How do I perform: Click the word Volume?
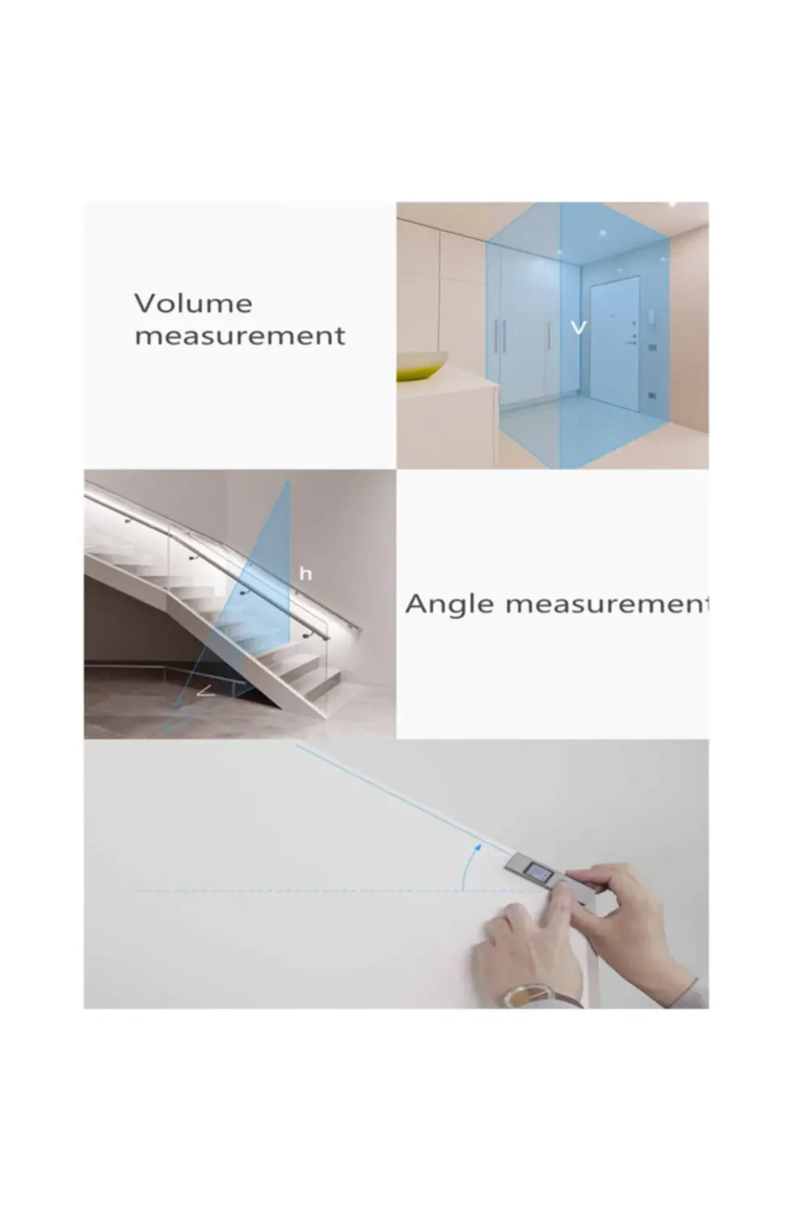tap(193, 304)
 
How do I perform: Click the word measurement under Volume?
tap(240, 336)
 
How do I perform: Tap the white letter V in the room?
tap(579, 326)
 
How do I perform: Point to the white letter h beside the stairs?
tap(305, 574)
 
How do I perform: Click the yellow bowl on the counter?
tap(422, 364)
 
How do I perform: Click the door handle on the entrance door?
tap(632, 342)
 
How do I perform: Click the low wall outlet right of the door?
tap(652, 396)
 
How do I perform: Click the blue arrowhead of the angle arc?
tap(478, 845)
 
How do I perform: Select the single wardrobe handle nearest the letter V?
tap(548, 335)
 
